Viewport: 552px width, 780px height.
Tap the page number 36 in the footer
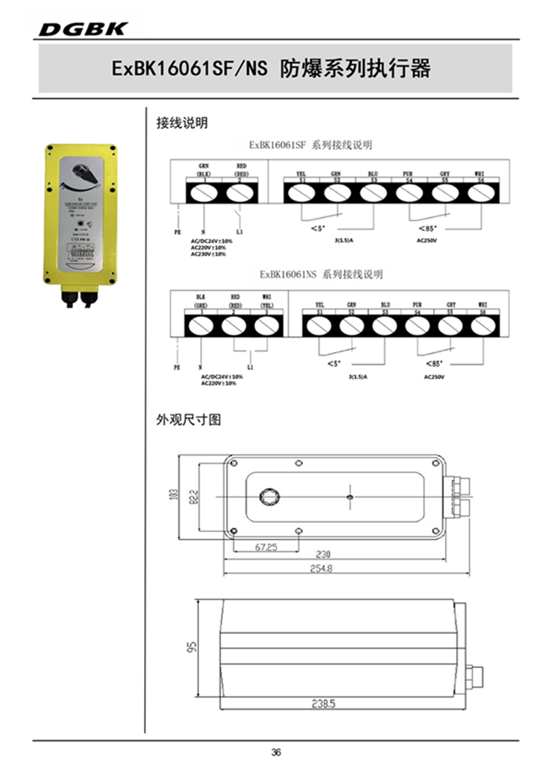276,752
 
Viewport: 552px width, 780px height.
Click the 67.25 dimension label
266,547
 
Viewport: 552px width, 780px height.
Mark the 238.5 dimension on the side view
323,702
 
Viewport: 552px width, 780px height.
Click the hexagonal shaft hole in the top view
267,497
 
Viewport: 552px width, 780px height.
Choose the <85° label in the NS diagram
434,363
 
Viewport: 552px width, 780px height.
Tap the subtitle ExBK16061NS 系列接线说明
322,274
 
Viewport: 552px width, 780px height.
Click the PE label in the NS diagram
177,368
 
